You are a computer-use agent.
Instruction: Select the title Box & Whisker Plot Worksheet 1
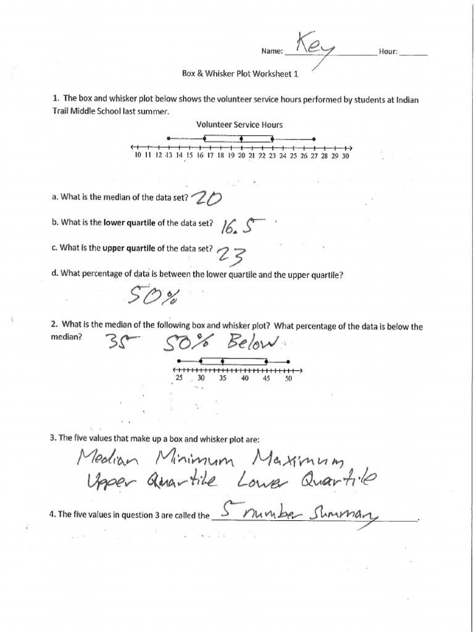click(x=240, y=73)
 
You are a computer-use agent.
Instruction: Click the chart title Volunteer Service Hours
click(x=239, y=125)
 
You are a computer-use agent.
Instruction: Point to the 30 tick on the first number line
click(x=345, y=156)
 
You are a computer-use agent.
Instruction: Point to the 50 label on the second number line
click(x=288, y=379)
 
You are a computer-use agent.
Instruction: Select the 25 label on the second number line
click(x=179, y=379)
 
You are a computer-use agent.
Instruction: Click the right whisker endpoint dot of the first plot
click(x=314, y=138)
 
